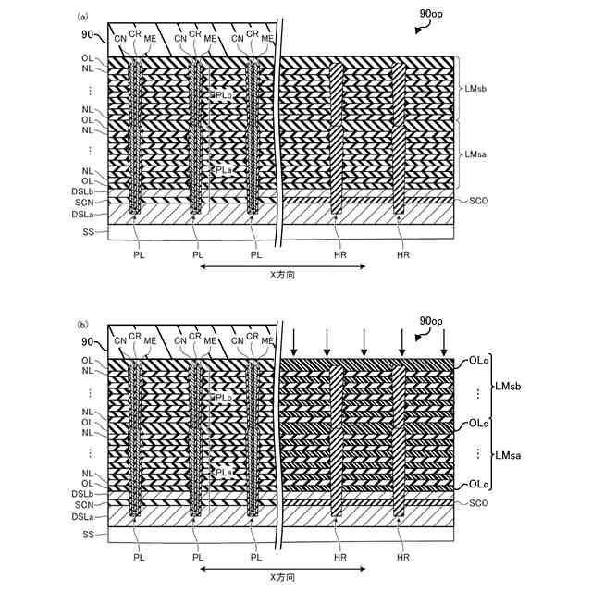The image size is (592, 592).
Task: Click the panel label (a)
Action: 83,17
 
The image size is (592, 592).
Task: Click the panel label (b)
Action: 83,325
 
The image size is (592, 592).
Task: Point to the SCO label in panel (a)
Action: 478,200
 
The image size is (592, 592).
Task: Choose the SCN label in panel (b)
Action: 86,504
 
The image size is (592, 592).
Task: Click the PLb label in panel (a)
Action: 224,95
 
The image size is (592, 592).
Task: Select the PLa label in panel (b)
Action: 224,472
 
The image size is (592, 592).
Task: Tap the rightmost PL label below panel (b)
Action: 256,558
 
